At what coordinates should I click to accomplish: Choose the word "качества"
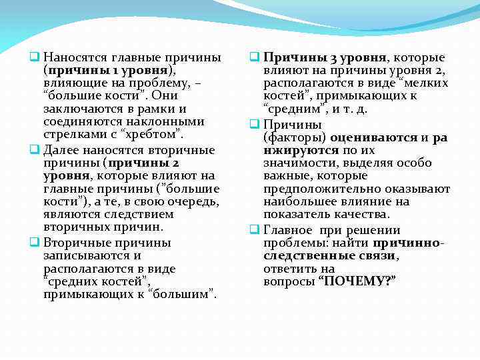(x=364, y=215)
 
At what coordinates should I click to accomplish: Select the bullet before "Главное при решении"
(x=253, y=230)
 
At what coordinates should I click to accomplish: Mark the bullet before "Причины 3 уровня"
(x=253, y=57)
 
